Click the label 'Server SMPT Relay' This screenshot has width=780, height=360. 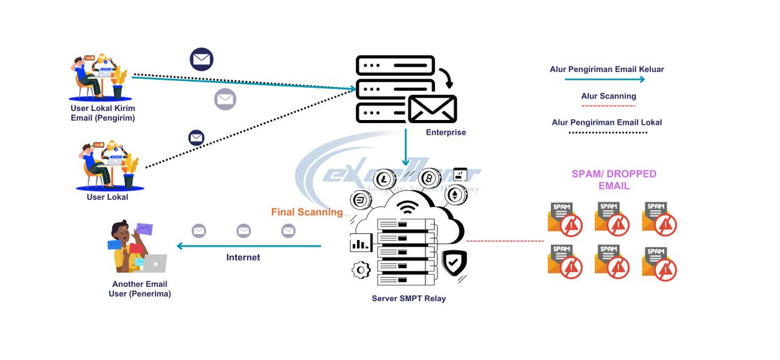(x=409, y=298)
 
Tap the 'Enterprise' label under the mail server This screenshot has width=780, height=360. (x=445, y=132)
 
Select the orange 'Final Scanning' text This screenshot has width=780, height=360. (x=307, y=212)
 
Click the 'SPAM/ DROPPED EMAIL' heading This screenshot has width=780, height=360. (x=614, y=180)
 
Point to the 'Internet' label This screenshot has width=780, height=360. (x=243, y=257)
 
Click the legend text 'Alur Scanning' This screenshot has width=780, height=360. (x=608, y=96)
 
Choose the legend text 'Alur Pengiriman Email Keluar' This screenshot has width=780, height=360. (x=607, y=69)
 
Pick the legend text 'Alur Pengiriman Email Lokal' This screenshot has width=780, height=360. (x=607, y=122)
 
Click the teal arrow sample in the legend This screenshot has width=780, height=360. (x=604, y=79)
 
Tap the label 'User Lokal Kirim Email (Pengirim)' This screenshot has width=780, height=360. (x=103, y=113)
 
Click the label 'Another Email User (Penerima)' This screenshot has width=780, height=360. (x=140, y=289)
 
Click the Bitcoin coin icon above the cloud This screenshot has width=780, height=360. (x=430, y=178)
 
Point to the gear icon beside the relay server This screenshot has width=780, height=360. (x=361, y=269)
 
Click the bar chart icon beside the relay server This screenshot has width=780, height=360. (x=361, y=243)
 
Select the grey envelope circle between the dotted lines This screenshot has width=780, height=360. (x=225, y=99)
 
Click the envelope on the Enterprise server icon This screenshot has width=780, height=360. (x=432, y=109)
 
